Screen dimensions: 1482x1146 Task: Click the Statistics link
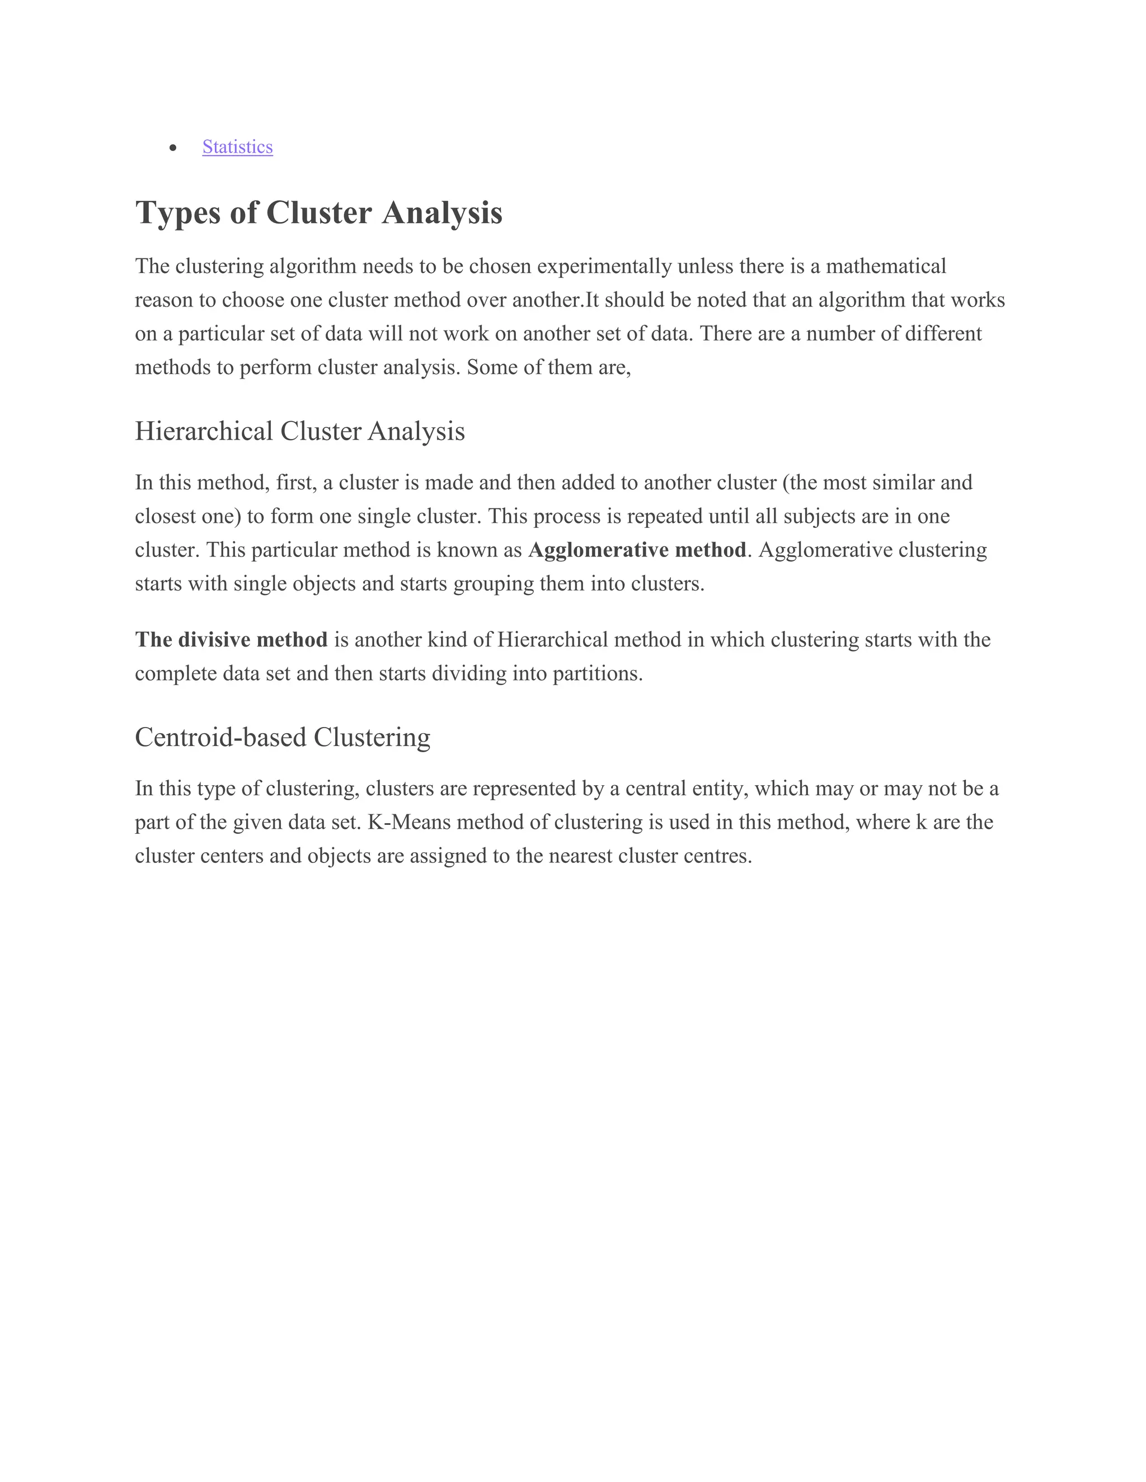pos(238,147)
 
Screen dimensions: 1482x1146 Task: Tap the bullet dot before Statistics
pos(174,148)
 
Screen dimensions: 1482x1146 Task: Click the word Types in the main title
pos(178,213)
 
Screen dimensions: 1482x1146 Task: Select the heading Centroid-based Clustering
pos(283,737)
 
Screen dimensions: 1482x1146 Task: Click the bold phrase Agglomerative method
pos(637,550)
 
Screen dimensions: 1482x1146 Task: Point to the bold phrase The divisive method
pos(232,639)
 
